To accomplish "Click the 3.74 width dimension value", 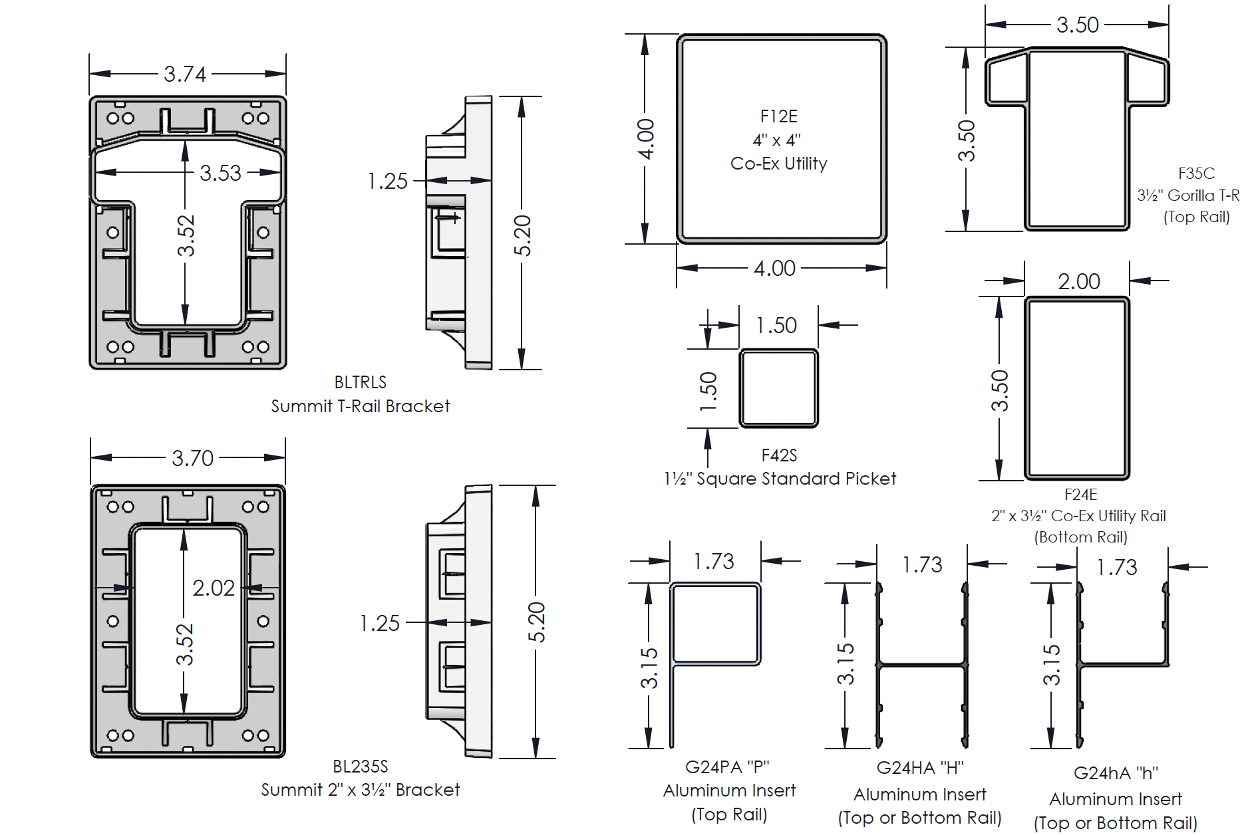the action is [x=185, y=74].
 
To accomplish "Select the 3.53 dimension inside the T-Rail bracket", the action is [x=220, y=173].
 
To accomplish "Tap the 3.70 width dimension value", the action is [x=192, y=458].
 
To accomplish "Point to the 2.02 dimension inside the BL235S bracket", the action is [x=214, y=588].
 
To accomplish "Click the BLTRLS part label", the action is [x=361, y=382].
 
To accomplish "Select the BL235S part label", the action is [x=361, y=767].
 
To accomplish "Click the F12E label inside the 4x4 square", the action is [x=778, y=116].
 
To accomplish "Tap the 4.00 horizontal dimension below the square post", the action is [x=774, y=269].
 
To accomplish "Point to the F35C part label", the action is [x=1196, y=174].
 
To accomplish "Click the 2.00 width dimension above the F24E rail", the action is [x=1079, y=281].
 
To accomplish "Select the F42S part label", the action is [x=779, y=455].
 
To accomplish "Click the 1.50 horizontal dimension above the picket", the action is [x=776, y=325].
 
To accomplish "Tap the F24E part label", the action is [x=1081, y=495].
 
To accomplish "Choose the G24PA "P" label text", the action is [x=727, y=767].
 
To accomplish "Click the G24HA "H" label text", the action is [x=920, y=768].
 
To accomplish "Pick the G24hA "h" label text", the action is [x=1116, y=773].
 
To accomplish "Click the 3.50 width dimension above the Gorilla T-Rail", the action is [x=1078, y=25].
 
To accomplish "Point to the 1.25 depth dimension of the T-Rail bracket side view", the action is [x=388, y=181].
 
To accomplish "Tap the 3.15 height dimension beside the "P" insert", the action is [x=649, y=668].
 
